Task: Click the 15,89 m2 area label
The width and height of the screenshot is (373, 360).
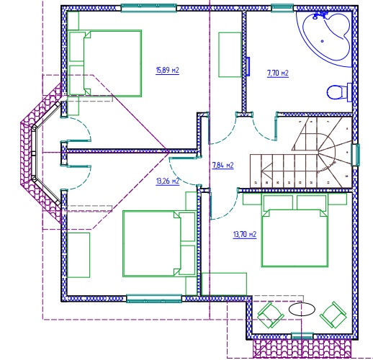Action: (x=167, y=71)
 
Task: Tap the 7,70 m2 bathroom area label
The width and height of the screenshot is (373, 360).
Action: (x=278, y=73)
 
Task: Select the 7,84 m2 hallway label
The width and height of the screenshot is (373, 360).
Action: (x=223, y=166)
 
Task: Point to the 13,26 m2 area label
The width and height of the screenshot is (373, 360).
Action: (x=168, y=181)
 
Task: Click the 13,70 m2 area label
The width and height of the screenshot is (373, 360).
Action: (x=245, y=234)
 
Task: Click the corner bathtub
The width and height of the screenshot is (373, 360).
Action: (x=324, y=38)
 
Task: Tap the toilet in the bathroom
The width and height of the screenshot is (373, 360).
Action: (x=339, y=92)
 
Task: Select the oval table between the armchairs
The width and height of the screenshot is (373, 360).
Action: (x=302, y=310)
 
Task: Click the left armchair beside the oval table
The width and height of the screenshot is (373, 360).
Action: (x=271, y=315)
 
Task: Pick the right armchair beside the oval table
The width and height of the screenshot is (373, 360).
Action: (x=333, y=315)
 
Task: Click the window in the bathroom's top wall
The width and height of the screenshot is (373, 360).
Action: (x=282, y=8)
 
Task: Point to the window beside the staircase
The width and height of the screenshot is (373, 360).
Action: (x=356, y=155)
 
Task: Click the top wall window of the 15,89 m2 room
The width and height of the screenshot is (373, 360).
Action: (x=149, y=8)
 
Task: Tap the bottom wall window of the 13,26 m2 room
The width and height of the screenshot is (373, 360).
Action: (x=154, y=298)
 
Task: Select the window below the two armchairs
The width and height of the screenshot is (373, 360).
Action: (x=302, y=336)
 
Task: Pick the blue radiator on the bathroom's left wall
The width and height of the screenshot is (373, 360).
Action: (x=248, y=66)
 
